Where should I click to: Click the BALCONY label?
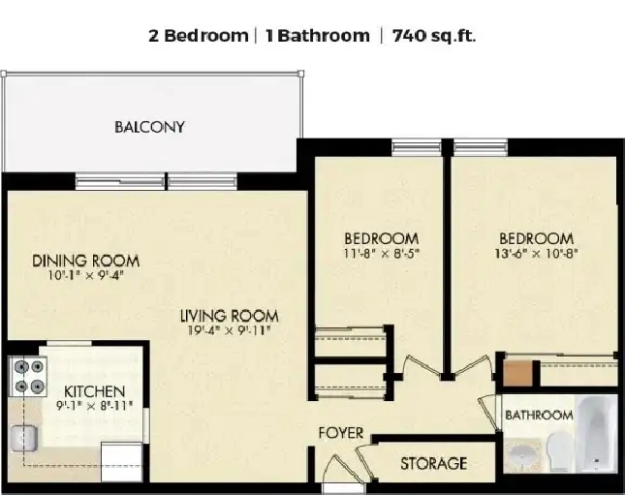coord(149,127)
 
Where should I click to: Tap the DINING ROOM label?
coord(85,261)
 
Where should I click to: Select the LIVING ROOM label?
coord(230,316)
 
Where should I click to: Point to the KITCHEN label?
coord(94,391)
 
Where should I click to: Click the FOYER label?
coord(341,433)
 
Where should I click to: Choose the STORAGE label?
coord(434,463)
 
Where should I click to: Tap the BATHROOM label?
coord(539,416)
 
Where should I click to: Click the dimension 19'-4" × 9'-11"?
coord(230,330)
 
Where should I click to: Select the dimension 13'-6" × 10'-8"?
coord(536,254)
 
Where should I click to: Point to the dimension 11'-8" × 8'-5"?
coord(382,254)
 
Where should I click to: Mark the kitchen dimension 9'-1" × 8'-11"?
coord(94,406)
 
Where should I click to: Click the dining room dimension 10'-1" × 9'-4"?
coord(85,275)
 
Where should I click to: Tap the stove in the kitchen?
coord(28,376)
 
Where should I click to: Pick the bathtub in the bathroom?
coord(597,433)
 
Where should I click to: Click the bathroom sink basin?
coord(523,454)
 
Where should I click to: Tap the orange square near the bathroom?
coord(517,374)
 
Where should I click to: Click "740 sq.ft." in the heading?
coord(434,36)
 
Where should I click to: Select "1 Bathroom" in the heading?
coord(318,36)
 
